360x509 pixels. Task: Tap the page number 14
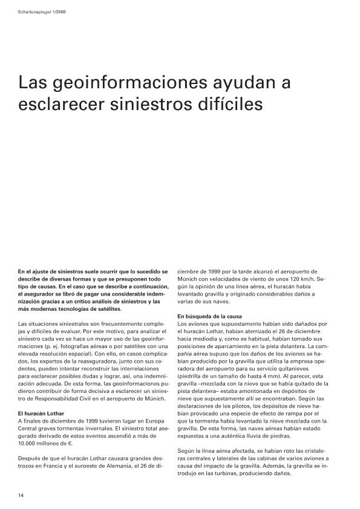(x=21, y=496)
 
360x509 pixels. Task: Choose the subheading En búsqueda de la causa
(x=209, y=316)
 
